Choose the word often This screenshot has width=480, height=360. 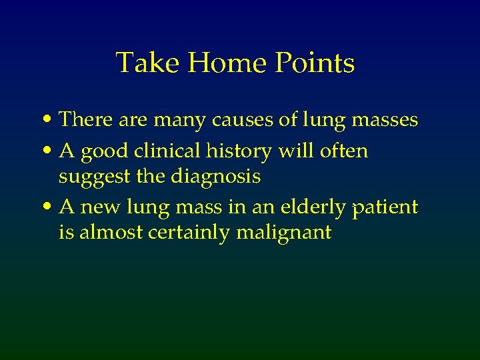coord(343,151)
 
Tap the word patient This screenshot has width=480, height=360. coord(385,208)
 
